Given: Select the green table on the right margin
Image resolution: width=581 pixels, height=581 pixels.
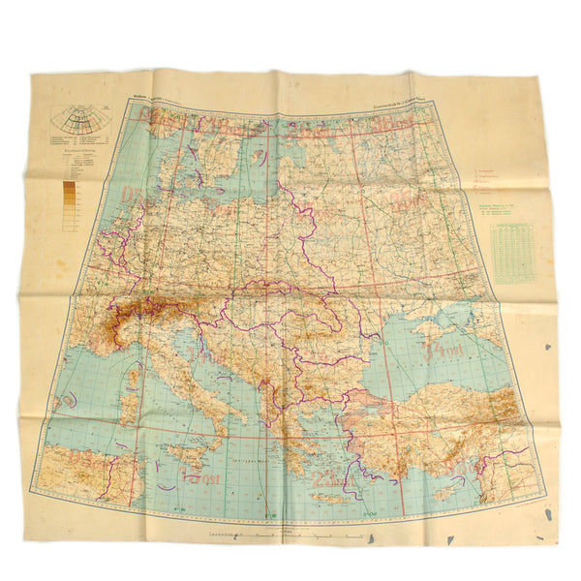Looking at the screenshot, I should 512,253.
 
